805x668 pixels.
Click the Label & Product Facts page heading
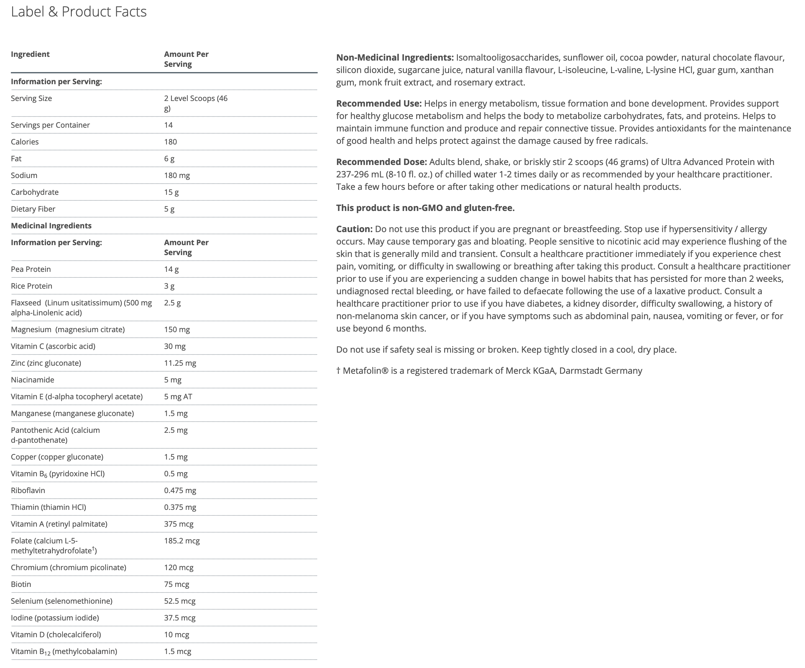79,12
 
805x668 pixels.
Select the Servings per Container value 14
168,125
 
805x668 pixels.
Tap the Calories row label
25,142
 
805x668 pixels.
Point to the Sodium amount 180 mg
177,176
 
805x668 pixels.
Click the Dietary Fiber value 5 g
169,209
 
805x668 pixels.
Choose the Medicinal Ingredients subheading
51,226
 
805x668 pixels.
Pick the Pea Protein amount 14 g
171,269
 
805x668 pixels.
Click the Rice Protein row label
31,286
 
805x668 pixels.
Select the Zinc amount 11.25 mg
180,363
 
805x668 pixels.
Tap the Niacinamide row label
32,380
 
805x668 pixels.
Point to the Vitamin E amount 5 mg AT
178,397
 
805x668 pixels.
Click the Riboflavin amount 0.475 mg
180,491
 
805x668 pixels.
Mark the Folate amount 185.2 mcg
182,541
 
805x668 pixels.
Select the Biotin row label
21,584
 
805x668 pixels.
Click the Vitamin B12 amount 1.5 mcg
177,651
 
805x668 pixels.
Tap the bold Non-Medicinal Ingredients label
395,57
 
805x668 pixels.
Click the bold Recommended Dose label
381,162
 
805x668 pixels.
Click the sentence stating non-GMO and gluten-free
425,208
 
